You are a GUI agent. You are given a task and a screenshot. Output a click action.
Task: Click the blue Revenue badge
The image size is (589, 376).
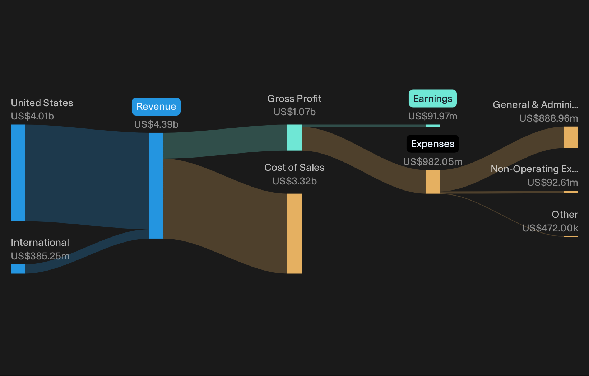coord(156,107)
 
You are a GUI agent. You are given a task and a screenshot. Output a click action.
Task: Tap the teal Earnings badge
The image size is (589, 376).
coord(432,99)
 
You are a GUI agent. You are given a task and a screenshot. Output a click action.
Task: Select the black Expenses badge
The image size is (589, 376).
coord(432,144)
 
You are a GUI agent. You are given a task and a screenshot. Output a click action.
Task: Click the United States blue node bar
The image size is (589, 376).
coord(18,173)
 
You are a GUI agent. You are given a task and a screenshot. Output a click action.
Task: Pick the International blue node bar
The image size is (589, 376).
coord(18,269)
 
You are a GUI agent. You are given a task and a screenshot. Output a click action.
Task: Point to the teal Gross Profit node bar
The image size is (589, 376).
coord(294,138)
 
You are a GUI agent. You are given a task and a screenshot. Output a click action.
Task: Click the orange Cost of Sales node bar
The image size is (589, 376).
coord(294,234)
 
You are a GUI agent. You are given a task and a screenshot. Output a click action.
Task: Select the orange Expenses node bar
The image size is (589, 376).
coord(433,182)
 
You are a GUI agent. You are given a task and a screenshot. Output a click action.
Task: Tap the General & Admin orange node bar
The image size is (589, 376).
coord(571,137)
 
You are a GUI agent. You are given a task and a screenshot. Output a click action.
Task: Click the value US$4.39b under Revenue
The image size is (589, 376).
coord(156,124)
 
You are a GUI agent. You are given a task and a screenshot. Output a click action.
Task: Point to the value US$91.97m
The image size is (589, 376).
coord(432,116)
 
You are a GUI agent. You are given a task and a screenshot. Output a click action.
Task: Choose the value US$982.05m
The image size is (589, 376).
coord(432,161)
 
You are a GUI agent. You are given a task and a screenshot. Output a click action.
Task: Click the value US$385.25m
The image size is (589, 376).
coord(40,256)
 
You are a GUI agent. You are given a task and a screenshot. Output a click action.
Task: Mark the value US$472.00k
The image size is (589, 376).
coord(550,228)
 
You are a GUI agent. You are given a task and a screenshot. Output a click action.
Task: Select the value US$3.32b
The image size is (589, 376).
coord(294,181)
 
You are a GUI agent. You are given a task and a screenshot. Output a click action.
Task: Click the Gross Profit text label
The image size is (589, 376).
coord(294,99)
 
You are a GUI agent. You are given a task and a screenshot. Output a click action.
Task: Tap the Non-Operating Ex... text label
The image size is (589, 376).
coord(534,169)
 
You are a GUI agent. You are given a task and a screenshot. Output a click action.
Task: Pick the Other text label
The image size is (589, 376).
coord(565,215)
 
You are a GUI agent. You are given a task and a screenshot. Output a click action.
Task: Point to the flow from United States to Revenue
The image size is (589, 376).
coord(87,177)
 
